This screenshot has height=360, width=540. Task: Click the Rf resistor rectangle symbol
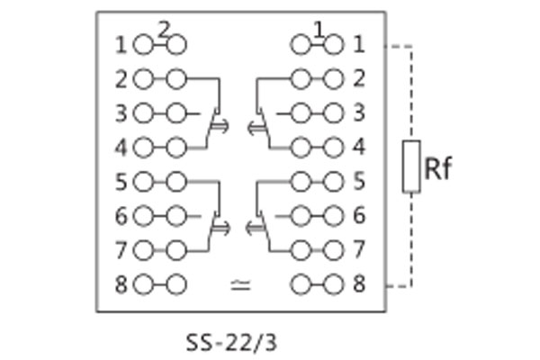tap(411, 166)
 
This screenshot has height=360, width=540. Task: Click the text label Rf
tap(437, 168)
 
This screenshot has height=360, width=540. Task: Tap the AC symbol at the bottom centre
tap(240, 285)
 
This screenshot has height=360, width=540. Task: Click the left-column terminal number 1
tap(121, 43)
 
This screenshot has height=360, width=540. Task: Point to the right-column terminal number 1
tap(359, 43)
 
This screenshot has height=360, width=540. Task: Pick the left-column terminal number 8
tap(121, 285)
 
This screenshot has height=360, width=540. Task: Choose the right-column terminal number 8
tap(359, 285)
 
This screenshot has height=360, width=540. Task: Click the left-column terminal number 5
tap(121, 182)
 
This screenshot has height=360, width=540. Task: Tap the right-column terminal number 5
tap(359, 182)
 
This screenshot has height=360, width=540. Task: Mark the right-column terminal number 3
tap(359, 113)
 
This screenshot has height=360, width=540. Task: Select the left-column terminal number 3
tap(121, 113)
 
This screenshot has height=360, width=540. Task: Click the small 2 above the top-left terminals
tap(163, 29)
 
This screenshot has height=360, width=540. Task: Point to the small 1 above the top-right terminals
tap(318, 29)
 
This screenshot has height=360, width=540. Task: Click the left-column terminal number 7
tap(121, 249)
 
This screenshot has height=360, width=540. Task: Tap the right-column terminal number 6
tap(359, 216)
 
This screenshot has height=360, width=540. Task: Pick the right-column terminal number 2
tap(359, 79)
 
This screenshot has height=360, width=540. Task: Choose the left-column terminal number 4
tap(121, 147)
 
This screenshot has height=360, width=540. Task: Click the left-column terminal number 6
tap(121, 216)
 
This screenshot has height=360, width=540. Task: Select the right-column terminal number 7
tap(359, 249)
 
